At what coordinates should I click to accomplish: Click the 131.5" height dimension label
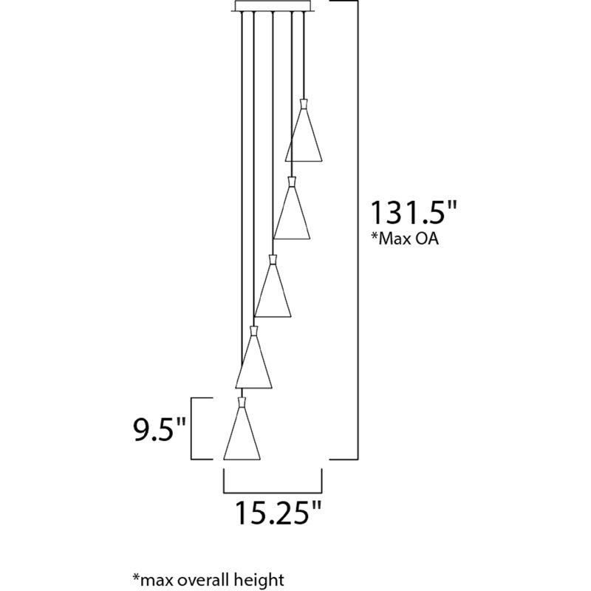(x=414, y=213)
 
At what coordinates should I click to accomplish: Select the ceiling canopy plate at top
(x=273, y=6)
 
